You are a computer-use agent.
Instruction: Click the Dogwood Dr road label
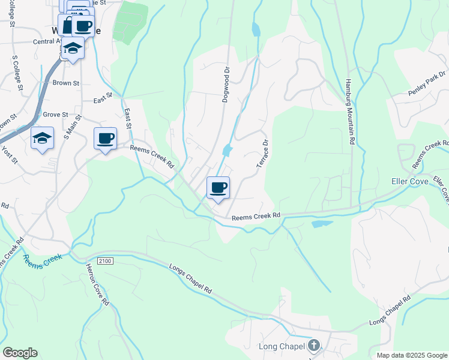[226, 85]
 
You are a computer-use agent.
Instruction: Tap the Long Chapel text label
[282, 346]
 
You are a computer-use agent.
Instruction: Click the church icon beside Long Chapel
[313, 346]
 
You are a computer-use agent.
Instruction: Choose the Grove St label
[55, 114]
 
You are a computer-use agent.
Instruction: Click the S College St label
[17, 73]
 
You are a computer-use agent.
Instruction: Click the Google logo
[20, 353]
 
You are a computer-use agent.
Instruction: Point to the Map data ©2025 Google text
[412, 355]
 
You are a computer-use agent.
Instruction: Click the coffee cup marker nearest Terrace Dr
[218, 187]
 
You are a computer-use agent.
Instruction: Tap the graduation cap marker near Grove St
[43, 139]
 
